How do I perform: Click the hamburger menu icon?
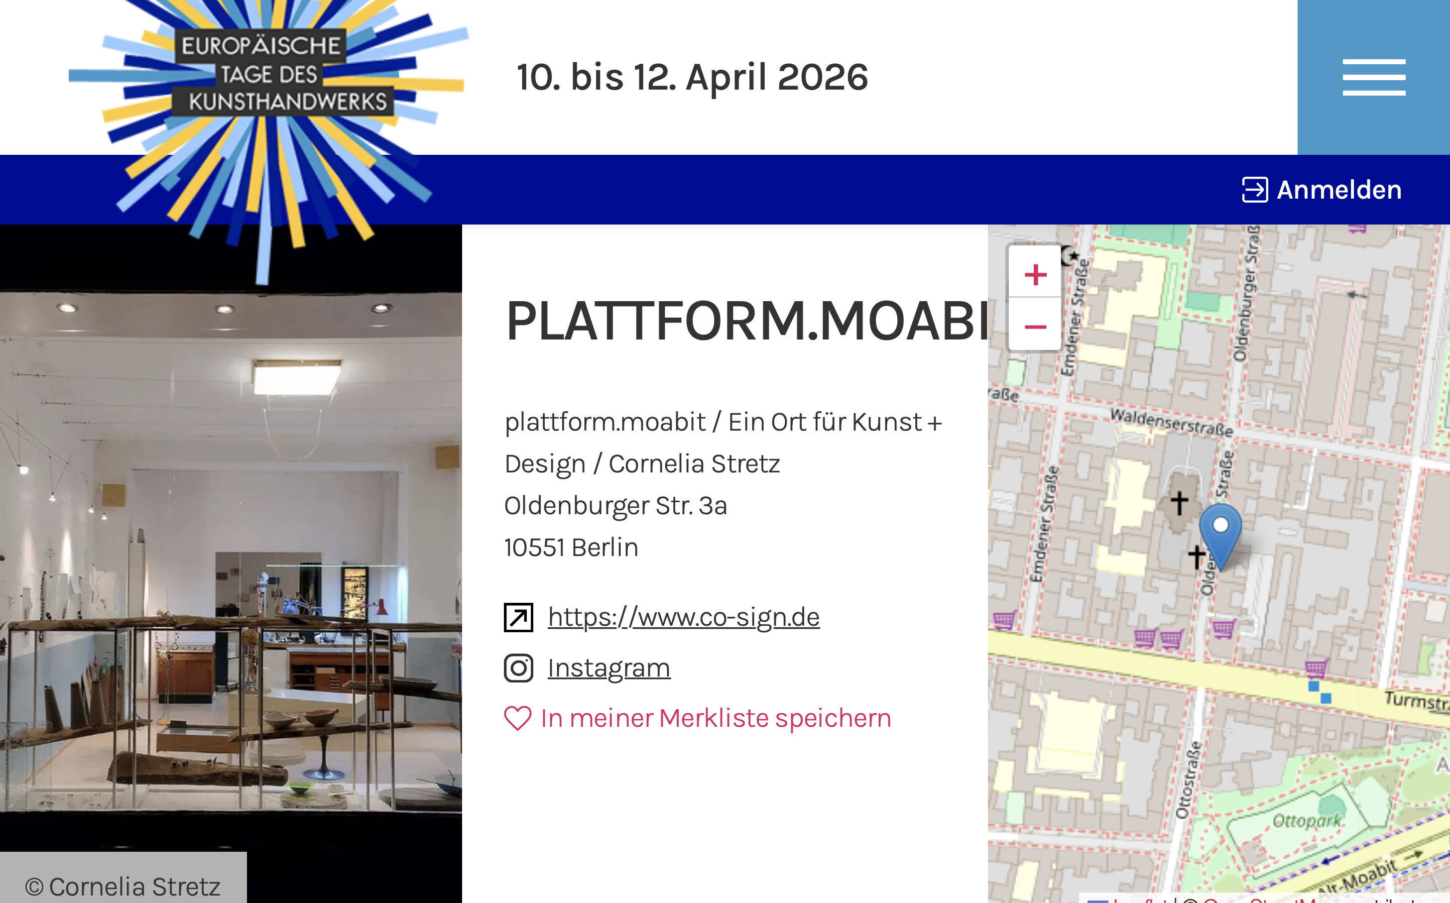1373,77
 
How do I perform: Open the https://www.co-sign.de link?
683,617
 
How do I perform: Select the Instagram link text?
608,668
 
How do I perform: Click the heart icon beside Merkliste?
517,718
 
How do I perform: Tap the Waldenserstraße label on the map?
1171,422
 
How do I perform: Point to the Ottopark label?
1306,820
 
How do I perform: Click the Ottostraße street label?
1188,780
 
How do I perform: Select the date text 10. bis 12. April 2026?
692,77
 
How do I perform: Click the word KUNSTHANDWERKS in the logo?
288,102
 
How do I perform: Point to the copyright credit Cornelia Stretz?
123,886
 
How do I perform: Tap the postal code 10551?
534,547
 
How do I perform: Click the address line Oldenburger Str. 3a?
615,505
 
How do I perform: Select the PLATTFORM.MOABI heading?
746,321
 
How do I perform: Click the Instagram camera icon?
518,668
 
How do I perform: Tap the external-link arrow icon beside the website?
518,617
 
